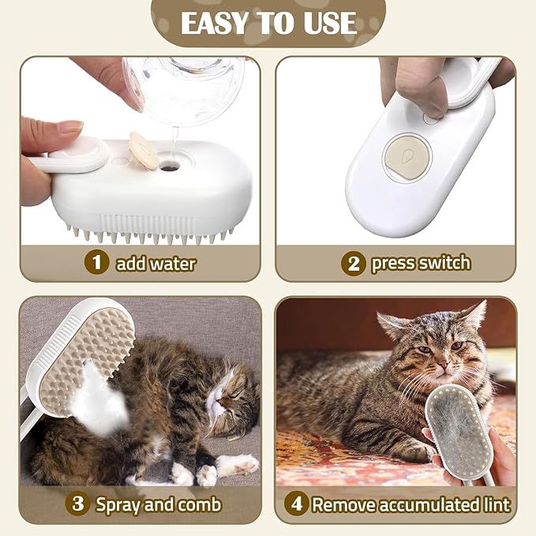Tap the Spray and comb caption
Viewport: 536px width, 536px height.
pyautogui.click(x=159, y=504)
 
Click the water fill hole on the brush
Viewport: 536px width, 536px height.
pyautogui.click(x=170, y=167)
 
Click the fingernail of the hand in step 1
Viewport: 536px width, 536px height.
pyautogui.click(x=70, y=127)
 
